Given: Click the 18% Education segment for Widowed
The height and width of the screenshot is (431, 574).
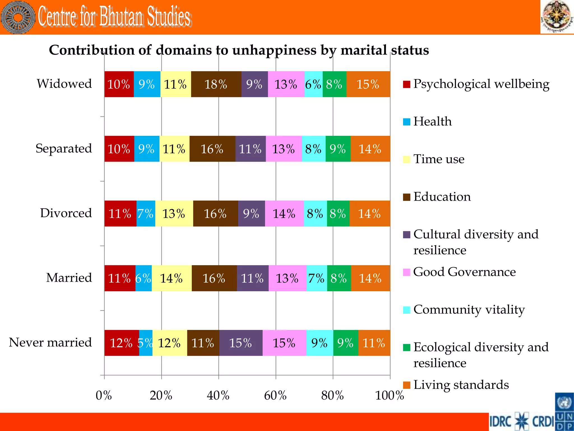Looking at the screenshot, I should pyautogui.click(x=216, y=84).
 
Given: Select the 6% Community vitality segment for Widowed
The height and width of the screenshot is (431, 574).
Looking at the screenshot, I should pyautogui.click(x=313, y=84).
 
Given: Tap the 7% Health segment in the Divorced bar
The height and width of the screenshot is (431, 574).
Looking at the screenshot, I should pyautogui.click(x=146, y=214).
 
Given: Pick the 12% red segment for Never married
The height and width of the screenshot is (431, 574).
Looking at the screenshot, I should pyautogui.click(x=121, y=343).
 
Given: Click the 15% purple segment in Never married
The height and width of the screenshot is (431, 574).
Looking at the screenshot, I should pyautogui.click(x=241, y=343).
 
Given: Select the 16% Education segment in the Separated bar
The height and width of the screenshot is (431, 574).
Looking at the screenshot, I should pyautogui.click(x=212, y=149).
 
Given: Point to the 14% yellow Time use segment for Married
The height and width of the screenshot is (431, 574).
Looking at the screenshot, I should pyautogui.click(x=172, y=278).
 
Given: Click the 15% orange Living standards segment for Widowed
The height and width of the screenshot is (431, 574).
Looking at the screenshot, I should pyautogui.click(x=368, y=84).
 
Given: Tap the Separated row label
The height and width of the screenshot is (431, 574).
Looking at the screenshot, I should pyautogui.click(x=64, y=148).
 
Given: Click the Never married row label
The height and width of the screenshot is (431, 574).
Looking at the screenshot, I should pyautogui.click(x=50, y=342).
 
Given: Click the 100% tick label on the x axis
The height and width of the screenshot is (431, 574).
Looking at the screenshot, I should pyautogui.click(x=390, y=395).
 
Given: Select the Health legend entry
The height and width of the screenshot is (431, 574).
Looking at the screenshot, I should pyautogui.click(x=432, y=121).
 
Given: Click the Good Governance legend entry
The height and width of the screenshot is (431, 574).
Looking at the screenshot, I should pyautogui.click(x=464, y=272).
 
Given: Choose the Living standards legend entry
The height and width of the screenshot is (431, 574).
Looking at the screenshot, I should pyautogui.click(x=461, y=385).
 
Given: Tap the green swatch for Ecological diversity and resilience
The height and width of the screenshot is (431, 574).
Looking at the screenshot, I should pyautogui.click(x=406, y=347).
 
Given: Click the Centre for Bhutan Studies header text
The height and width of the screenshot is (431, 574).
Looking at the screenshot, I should pyautogui.click(x=114, y=17).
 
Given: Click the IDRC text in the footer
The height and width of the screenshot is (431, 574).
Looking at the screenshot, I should pyautogui.click(x=500, y=421).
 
